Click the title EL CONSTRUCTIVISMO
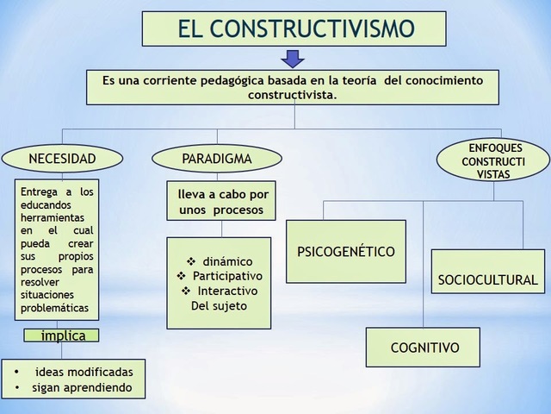click(x=294, y=29)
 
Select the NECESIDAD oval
click(x=62, y=159)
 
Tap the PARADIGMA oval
click(x=216, y=159)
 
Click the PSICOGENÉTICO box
click(x=345, y=252)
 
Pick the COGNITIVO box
click(x=424, y=348)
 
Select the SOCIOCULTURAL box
click(x=487, y=280)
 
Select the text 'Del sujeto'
click(x=218, y=306)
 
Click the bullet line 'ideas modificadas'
click(x=83, y=371)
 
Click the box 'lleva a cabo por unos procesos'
click(x=222, y=202)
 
